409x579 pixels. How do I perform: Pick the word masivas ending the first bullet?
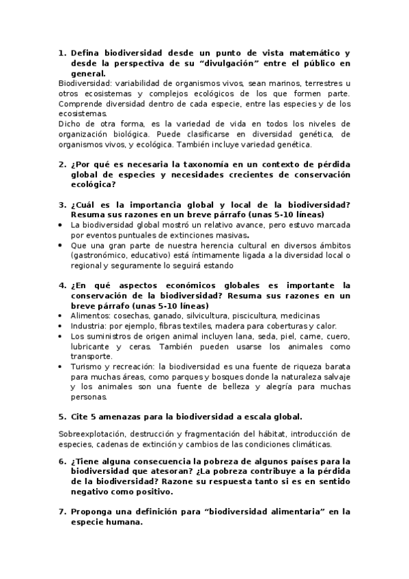click(226, 234)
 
